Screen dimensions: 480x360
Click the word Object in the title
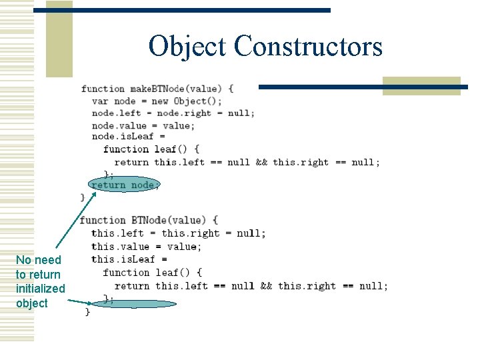click(188, 47)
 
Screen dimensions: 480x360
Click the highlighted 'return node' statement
click(125, 185)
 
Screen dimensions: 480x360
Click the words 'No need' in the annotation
click(38, 260)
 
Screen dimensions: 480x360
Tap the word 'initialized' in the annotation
click(41, 289)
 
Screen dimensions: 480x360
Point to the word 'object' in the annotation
click(32, 303)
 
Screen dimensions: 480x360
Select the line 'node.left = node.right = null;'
click(173, 113)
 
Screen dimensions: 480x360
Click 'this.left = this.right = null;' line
click(178, 233)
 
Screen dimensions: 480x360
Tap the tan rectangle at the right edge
click(421, 86)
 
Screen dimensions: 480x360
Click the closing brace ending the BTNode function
click(87, 312)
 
